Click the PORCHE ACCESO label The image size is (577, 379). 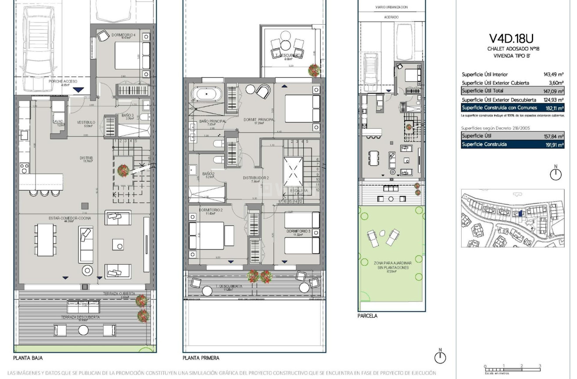64,82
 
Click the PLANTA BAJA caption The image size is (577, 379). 28,358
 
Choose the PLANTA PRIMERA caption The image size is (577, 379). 202,358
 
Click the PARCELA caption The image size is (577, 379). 367,316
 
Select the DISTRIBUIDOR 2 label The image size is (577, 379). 256,178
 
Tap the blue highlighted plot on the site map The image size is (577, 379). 520,214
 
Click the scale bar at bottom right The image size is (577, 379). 512,368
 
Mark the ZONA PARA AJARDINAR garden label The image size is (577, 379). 391,265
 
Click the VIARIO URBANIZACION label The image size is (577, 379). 391,7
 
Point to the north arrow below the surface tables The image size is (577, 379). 555,173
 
